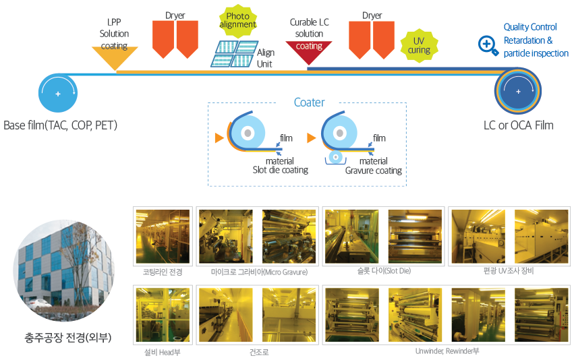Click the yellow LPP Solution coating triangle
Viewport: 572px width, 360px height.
click(x=115, y=56)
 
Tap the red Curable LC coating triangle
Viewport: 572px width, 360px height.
click(x=309, y=51)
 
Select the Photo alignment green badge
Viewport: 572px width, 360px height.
click(x=238, y=21)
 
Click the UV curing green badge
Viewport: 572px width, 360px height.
click(x=419, y=46)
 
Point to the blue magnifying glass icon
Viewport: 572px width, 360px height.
click(x=488, y=46)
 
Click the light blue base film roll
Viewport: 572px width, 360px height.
click(x=58, y=93)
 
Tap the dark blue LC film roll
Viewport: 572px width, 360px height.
click(x=518, y=91)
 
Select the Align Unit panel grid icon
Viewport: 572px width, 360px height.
click(x=234, y=54)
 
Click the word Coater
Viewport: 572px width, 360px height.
click(x=309, y=102)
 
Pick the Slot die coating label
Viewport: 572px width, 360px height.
click(x=280, y=170)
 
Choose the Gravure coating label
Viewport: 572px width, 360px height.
click(x=374, y=171)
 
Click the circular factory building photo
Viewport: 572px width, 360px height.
click(x=64, y=270)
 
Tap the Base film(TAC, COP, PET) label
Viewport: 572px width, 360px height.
click(x=60, y=125)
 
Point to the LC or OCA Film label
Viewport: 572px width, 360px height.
click(x=518, y=125)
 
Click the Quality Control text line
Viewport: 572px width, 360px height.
click(x=530, y=27)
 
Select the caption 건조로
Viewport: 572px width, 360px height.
click(x=259, y=352)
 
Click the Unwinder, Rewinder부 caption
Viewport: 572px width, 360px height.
click(x=447, y=351)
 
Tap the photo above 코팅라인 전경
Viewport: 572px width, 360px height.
click(x=163, y=237)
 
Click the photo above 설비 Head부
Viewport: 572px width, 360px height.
click(x=163, y=315)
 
